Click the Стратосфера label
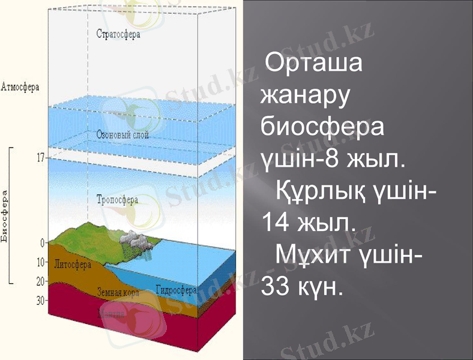tap(118, 34)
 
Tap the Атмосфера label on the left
tap(21, 86)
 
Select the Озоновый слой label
tap(122, 136)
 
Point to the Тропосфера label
tap(117, 199)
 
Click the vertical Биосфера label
tap(5, 217)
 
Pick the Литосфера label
tap(73, 263)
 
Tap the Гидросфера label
tap(176, 289)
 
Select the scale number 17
tap(41, 158)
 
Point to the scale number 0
tap(42, 243)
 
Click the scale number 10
tap(41, 262)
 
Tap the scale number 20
tap(41, 281)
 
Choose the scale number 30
tap(41, 301)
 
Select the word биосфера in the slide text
tap(323, 127)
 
